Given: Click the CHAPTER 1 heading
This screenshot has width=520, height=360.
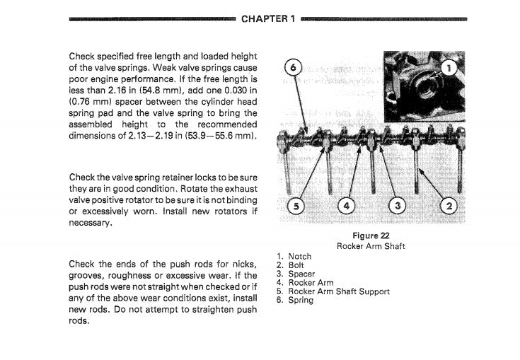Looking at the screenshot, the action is tap(268, 19).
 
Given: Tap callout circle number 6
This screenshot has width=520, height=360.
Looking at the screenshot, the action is tap(293, 68).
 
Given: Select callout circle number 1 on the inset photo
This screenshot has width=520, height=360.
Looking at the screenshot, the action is tap(449, 69).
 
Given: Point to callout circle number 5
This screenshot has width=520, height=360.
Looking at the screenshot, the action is tap(296, 207).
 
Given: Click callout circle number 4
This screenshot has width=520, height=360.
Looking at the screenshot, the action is tap(346, 207).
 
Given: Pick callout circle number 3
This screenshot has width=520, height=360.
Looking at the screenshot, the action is tap(398, 207).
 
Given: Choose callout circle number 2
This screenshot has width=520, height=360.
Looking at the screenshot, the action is tap(449, 207).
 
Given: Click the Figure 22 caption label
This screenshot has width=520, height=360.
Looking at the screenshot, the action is tap(371, 236).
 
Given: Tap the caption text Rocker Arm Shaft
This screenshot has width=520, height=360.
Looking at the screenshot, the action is tap(371, 246).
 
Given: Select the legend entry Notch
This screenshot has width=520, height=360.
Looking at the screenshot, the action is tap(300, 257).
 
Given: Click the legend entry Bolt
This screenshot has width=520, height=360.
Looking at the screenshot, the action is tap(296, 265).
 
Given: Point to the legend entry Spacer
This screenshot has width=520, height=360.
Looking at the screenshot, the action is tap(301, 274).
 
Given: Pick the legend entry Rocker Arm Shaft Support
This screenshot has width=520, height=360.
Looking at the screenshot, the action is tap(339, 291).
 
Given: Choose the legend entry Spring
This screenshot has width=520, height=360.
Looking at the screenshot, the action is tap(301, 301).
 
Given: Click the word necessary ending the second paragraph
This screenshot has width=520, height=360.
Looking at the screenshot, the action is tap(89, 223).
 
